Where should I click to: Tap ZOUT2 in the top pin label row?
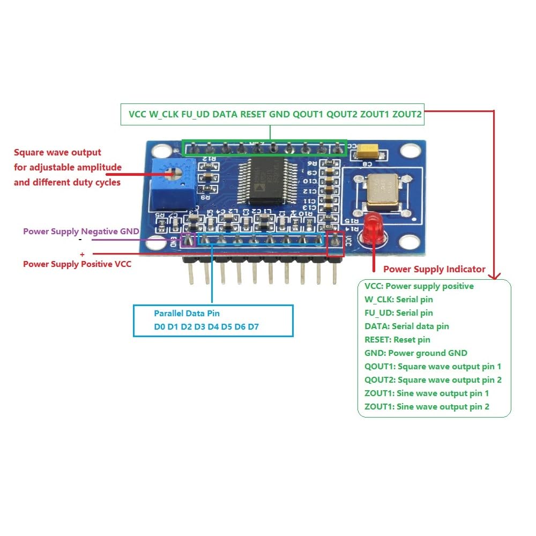(407, 114)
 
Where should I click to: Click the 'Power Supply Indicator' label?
(434, 269)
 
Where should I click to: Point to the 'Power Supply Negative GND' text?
(81, 232)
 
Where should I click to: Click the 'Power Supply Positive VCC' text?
(77, 264)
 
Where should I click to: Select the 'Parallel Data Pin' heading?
(187, 313)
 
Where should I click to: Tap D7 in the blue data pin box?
(253, 326)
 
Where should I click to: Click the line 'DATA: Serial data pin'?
(406, 326)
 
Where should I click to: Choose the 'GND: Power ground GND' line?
(415, 353)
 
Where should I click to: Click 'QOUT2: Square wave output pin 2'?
(433, 379)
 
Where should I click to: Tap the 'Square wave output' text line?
(57, 153)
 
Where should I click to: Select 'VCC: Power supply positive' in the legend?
(419, 286)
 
